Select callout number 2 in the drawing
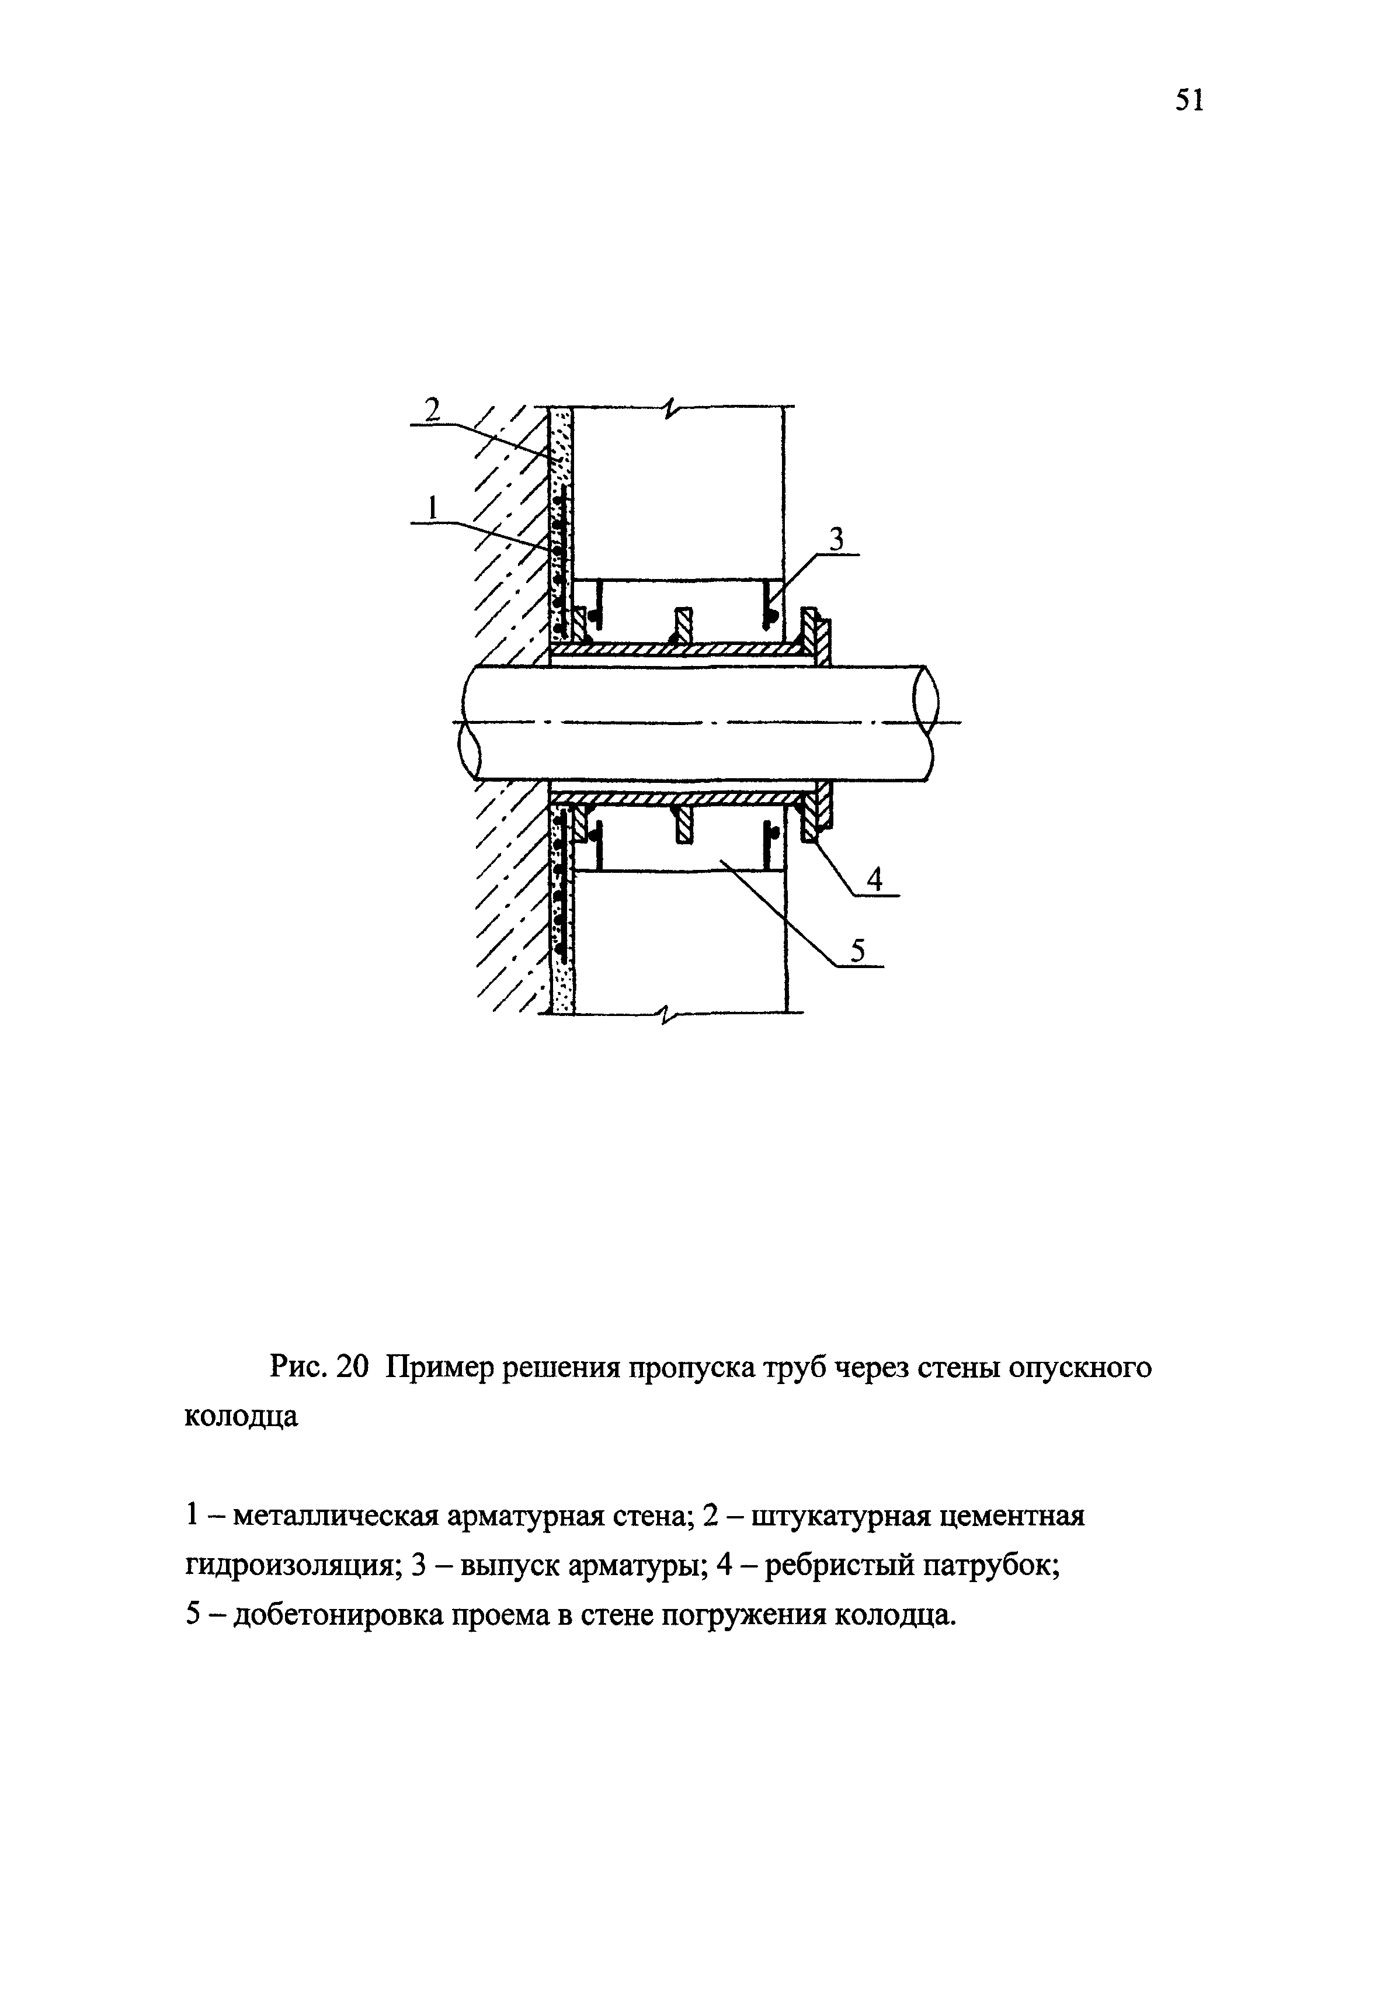coord(432,407)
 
